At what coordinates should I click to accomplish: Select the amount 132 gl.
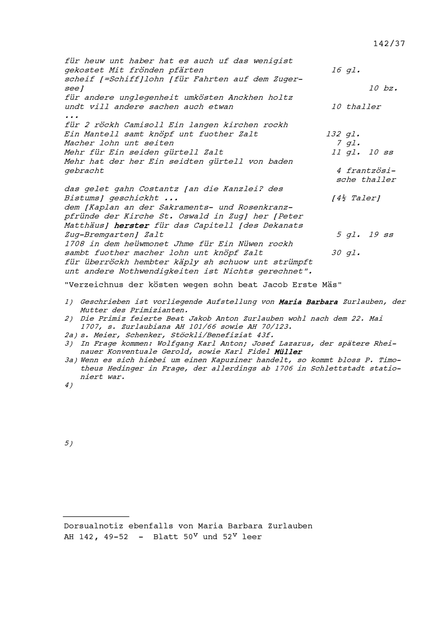pos(343,134)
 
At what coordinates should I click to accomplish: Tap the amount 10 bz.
pos(383,88)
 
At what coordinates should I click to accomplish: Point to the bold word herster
pos(131,226)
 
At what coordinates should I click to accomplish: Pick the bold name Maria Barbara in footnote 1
pos(308,302)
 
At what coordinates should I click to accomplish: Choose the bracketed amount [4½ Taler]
pos(355,198)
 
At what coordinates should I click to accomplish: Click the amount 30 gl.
pos(346,253)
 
